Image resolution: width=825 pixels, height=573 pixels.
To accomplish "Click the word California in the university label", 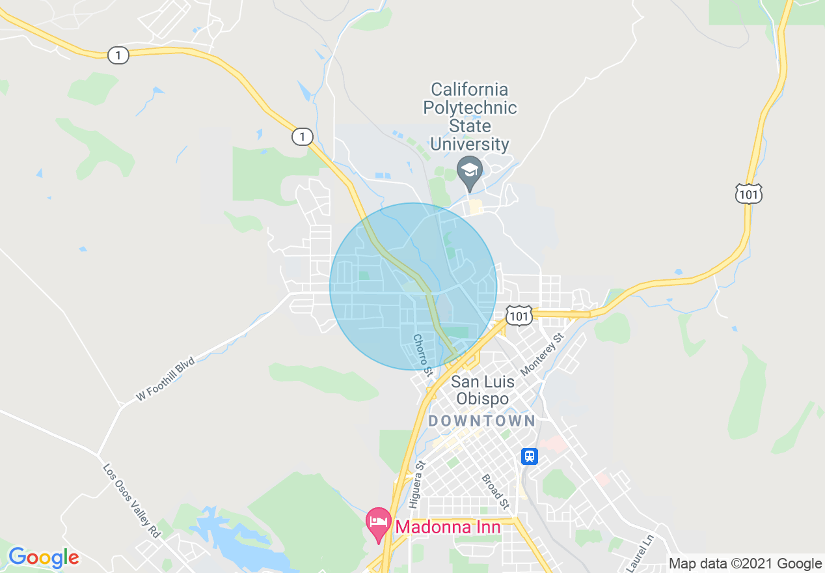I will [469, 89].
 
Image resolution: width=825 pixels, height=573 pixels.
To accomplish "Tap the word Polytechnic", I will [469, 107].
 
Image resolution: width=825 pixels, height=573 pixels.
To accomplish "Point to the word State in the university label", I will [469, 126].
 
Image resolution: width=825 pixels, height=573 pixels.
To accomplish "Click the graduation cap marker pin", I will [469, 171].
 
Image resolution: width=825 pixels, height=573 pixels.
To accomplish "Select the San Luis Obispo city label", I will [482, 390].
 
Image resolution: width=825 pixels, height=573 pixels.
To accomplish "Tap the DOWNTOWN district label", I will [481, 421].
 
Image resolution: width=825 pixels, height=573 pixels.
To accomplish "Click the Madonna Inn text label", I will [448, 527].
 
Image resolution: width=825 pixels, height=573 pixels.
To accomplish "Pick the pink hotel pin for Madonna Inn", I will [378, 523].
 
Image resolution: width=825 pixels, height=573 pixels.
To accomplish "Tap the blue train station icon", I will [530, 456].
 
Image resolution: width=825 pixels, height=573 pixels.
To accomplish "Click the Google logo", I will [44, 557].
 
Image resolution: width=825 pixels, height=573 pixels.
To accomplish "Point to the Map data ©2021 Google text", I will [746, 564].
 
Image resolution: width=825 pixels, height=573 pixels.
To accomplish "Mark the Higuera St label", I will [416, 484].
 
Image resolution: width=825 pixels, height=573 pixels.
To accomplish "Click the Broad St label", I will [494, 492].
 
